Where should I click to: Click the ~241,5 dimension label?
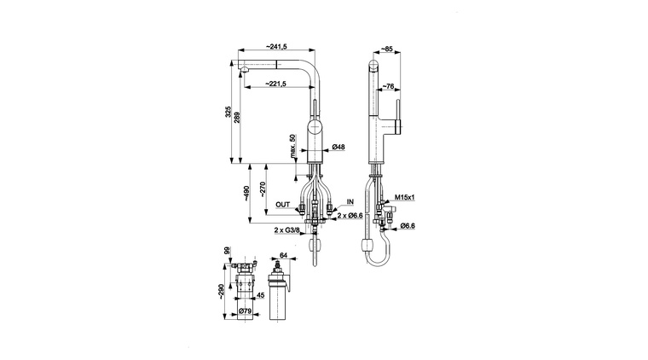(275, 47)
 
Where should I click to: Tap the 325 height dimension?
(228, 112)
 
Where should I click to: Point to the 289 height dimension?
(236, 118)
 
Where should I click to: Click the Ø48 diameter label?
(338, 147)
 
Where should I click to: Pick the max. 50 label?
(292, 147)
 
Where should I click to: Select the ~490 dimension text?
(246, 194)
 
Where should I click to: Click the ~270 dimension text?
(263, 189)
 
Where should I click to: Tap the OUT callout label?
(283, 205)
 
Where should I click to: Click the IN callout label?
(350, 201)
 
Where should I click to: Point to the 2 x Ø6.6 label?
(350, 215)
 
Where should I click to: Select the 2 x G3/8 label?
(286, 229)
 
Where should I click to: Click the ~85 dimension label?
(386, 49)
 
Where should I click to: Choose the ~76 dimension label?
(388, 86)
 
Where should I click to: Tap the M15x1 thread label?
(405, 198)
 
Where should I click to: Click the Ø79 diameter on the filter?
(245, 311)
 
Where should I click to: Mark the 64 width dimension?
(284, 255)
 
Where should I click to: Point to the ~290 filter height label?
(221, 292)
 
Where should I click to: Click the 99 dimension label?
(227, 251)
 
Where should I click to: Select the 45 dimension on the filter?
(260, 295)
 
